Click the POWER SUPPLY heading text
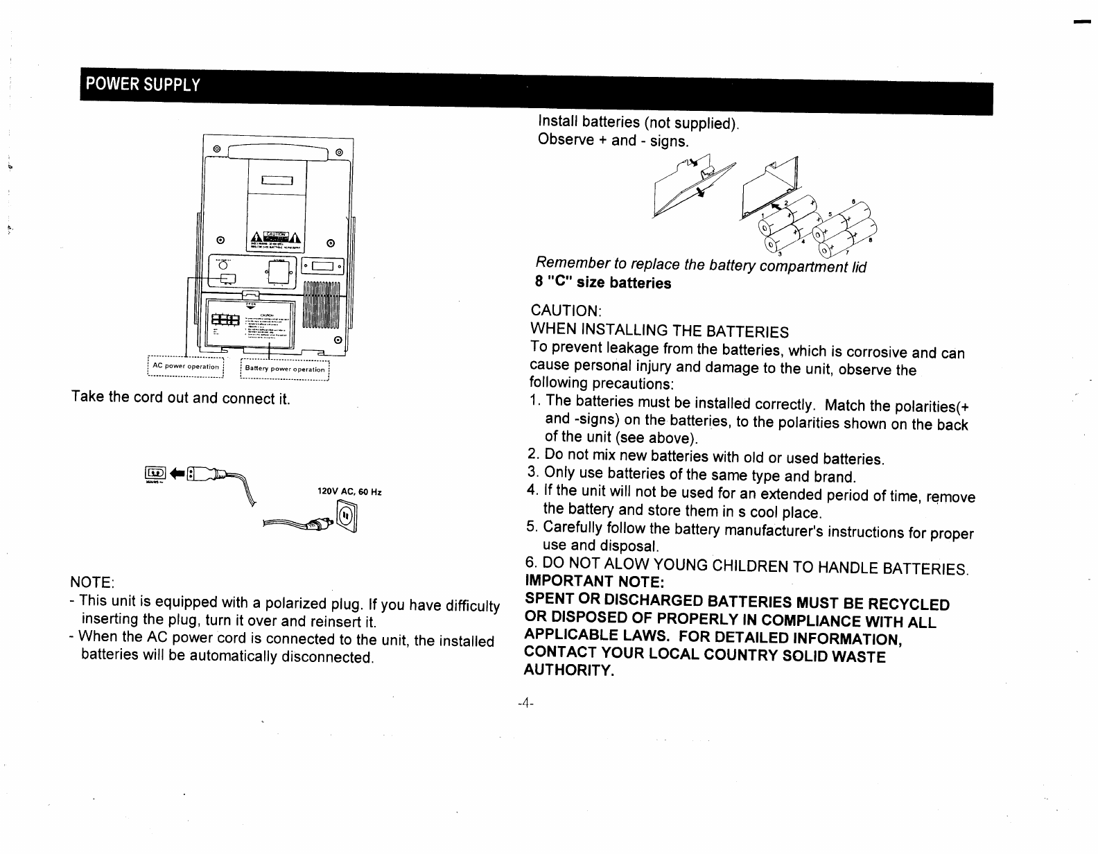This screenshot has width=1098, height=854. click(141, 85)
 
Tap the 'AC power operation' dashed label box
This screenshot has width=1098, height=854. click(185, 365)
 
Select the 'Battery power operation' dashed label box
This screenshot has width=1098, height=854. click(284, 369)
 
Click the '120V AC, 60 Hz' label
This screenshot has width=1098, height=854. click(349, 492)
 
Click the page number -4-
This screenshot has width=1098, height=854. click(525, 703)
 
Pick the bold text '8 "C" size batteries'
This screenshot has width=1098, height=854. click(602, 283)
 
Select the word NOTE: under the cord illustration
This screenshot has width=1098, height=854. click(91, 580)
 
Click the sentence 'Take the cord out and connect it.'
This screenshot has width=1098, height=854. click(180, 399)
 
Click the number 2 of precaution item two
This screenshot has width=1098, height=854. click(532, 455)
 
